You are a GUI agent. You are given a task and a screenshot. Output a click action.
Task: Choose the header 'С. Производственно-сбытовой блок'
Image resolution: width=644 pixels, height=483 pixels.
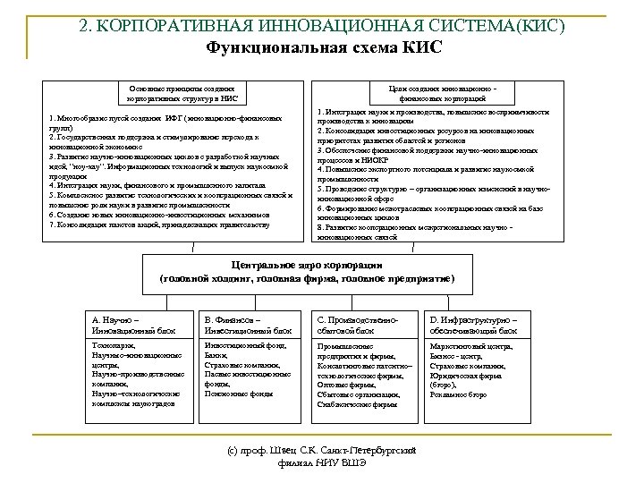click(356, 324)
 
